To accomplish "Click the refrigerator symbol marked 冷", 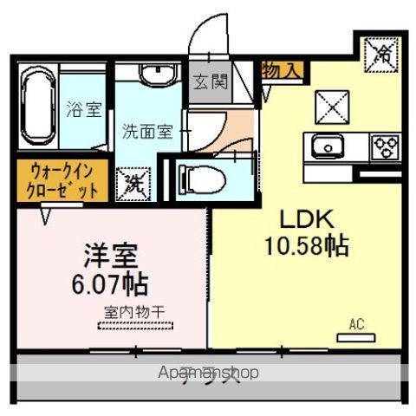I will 380,55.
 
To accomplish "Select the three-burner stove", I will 386,146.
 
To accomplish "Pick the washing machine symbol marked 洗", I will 133,184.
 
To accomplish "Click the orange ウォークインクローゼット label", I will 56,179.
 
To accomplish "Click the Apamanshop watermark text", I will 209,373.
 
